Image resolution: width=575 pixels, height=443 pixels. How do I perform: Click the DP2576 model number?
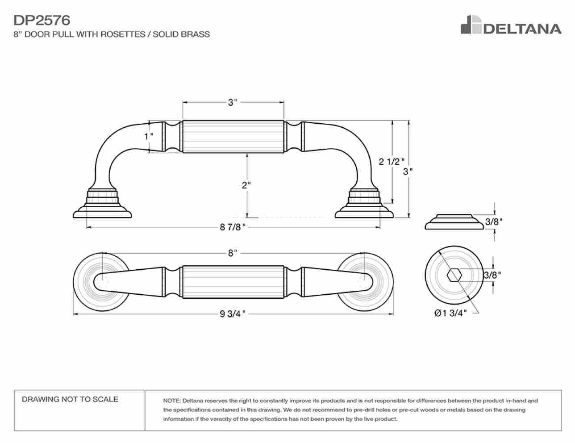(x=42, y=21)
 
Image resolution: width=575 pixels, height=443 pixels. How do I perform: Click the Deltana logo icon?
(x=471, y=25)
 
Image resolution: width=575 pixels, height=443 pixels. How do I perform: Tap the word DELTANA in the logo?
(x=522, y=29)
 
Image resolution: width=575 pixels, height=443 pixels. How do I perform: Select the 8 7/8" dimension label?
(x=233, y=227)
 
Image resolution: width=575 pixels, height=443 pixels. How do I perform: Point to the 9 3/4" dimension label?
(x=233, y=314)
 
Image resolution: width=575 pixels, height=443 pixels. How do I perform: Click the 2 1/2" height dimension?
(x=392, y=162)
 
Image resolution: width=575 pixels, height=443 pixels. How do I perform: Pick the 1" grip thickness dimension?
(x=149, y=137)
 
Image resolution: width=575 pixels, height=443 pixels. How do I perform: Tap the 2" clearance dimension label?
(x=246, y=185)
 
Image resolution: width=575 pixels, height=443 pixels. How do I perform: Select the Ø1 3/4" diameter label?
(x=450, y=313)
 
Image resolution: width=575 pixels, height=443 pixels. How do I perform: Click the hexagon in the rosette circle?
(x=454, y=275)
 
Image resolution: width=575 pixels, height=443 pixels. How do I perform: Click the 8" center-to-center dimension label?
(x=233, y=253)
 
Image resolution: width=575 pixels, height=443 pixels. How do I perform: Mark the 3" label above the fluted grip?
(x=233, y=102)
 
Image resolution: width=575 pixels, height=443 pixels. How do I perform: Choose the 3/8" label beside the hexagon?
(x=492, y=275)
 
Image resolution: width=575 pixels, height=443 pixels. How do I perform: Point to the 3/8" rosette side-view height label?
(x=494, y=222)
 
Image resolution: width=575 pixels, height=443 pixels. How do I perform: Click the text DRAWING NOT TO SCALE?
(x=70, y=399)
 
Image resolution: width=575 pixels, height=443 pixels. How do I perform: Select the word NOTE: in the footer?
(x=172, y=401)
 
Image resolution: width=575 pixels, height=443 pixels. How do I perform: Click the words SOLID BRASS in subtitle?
(x=181, y=34)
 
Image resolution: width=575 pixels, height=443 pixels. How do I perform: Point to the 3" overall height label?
(x=408, y=172)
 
